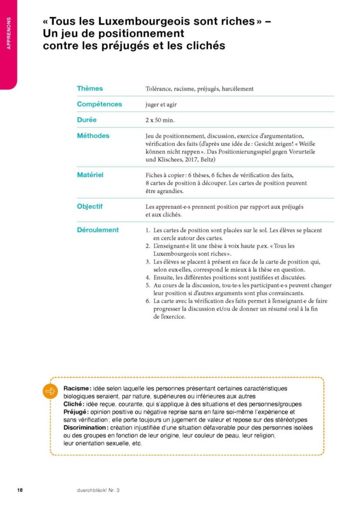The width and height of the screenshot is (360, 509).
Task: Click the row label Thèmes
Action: [x=90, y=88]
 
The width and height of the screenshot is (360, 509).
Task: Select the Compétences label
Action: [x=99, y=104]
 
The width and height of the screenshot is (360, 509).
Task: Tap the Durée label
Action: [x=87, y=120]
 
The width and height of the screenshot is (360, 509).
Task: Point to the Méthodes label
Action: [x=93, y=136]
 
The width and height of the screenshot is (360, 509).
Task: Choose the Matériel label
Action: [x=90, y=175]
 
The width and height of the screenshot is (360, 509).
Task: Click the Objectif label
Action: [x=90, y=206]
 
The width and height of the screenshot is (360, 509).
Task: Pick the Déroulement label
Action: [x=98, y=230]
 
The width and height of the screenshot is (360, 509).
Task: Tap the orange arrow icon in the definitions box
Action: [x=50, y=391]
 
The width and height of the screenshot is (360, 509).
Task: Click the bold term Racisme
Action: [x=78, y=388]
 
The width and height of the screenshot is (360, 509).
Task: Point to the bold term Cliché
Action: [x=74, y=404]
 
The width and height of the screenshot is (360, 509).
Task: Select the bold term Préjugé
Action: [x=76, y=412]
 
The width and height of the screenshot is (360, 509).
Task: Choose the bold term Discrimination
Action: [x=86, y=427]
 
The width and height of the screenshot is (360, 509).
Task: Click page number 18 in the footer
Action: [x=20, y=490]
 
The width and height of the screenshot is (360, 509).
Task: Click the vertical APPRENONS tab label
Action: [x=8, y=34]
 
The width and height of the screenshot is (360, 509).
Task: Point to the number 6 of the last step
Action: [x=148, y=301]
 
